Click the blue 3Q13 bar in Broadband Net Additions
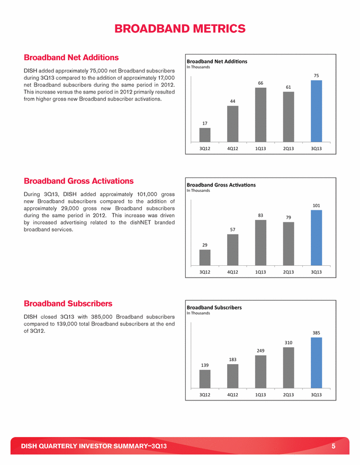tap(316, 111)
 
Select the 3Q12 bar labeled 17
tap(205, 135)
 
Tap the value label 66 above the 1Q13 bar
tap(260, 83)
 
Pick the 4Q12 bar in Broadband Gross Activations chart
tap(232, 249)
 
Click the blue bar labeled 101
tap(316, 238)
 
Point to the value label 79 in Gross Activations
tap(289, 217)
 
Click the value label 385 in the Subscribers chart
tap(316, 333)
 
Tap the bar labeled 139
tap(205, 379)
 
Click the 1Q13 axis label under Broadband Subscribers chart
tap(260, 395)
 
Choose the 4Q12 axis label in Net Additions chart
tap(232, 148)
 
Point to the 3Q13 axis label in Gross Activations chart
tap(316, 272)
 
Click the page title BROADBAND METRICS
tap(180, 28)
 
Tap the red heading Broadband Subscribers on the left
tap(68, 303)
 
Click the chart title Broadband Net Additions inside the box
tap(217, 61)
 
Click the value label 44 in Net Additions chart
tap(232, 101)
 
